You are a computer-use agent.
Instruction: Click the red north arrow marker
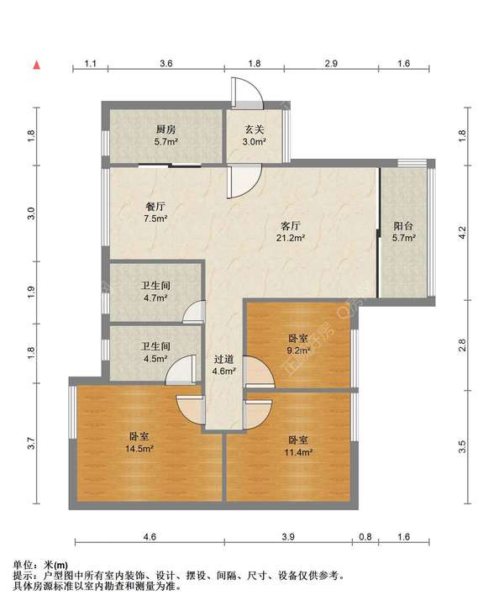[37, 65]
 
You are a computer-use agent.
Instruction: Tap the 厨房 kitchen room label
[165, 129]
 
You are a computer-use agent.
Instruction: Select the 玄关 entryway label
[255, 129]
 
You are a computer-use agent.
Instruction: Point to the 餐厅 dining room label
[155, 206]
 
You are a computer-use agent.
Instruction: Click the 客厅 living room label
[291, 225]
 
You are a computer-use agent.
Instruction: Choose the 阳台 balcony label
[403, 226]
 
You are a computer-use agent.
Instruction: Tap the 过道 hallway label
[224, 359]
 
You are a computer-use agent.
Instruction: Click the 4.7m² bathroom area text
[155, 298]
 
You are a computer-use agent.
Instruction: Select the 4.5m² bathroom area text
[155, 359]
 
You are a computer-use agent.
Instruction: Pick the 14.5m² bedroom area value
[139, 449]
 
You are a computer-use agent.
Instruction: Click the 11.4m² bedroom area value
[299, 452]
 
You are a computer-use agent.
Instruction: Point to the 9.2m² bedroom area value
[299, 350]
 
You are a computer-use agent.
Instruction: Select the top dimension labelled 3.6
[166, 64]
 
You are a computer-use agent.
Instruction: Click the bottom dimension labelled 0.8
[365, 537]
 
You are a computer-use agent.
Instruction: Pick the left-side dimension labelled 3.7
[32, 444]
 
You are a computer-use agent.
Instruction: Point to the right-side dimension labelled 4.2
[462, 233]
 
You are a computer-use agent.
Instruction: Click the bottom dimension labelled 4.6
[150, 537]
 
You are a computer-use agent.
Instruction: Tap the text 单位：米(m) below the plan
[40, 565]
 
